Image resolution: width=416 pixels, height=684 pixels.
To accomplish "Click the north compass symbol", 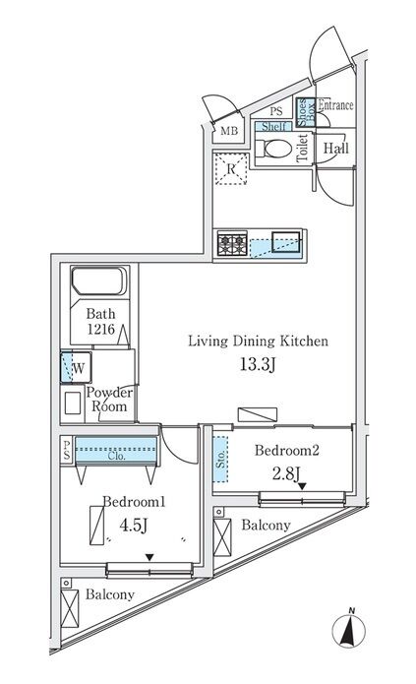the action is [x=348, y=630].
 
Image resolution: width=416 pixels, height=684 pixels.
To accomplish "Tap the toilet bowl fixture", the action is [x=273, y=150].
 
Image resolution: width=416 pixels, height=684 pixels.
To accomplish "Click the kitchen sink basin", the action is [x=286, y=242].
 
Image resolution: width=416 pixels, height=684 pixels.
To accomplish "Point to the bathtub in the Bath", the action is [x=100, y=281].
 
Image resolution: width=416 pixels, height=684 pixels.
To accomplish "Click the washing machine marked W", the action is [x=76, y=368].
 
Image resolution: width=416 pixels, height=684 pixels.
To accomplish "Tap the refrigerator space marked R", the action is [x=231, y=169].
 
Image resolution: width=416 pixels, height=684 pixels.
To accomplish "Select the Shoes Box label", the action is [x=306, y=112].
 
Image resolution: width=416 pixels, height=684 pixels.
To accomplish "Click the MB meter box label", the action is [x=229, y=131].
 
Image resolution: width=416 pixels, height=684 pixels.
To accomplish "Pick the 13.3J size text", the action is [x=258, y=364].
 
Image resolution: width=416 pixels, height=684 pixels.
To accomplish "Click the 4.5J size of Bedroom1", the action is [x=134, y=526].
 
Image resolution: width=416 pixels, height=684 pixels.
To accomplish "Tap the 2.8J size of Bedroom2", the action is [x=286, y=473].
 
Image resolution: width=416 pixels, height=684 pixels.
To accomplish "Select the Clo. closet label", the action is [x=116, y=457].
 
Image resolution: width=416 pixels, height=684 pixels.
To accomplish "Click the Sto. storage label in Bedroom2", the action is [x=221, y=459].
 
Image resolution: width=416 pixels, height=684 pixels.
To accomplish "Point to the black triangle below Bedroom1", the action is [x=149, y=557].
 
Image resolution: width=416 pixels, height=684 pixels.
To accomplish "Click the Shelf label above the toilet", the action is [x=273, y=127].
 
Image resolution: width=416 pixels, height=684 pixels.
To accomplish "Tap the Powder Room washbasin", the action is [x=73, y=404].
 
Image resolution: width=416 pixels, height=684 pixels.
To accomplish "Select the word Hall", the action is [x=335, y=149].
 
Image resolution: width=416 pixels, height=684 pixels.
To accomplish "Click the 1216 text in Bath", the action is [x=100, y=329].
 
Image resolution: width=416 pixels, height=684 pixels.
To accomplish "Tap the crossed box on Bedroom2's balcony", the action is [x=222, y=537].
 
